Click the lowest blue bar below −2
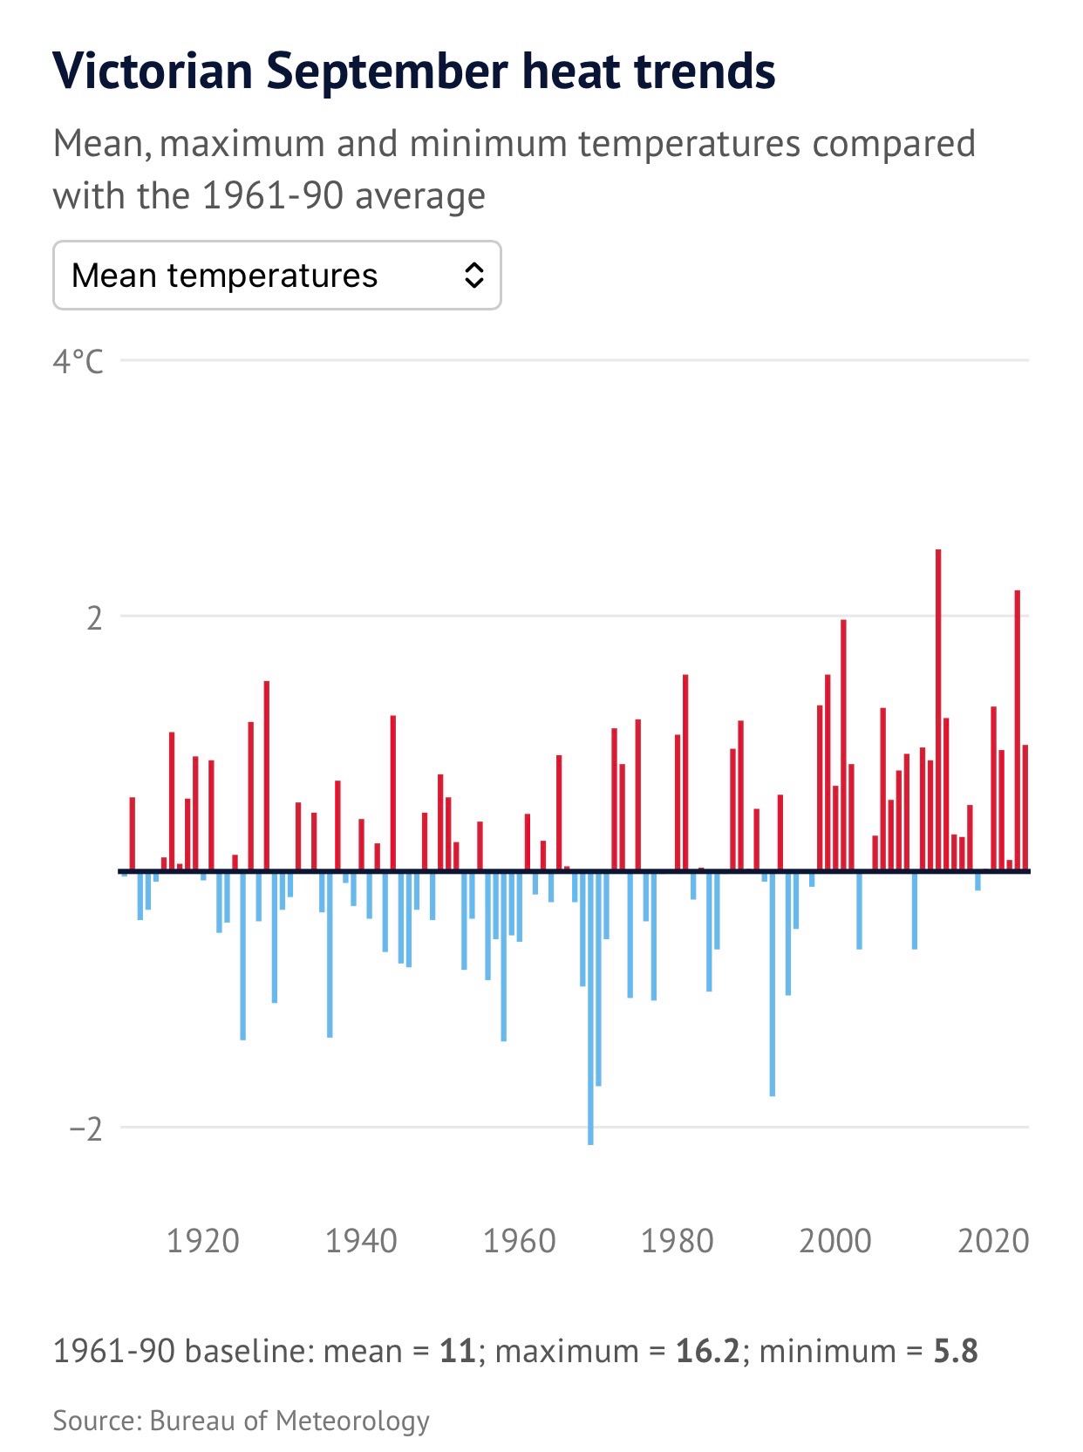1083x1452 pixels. tap(590, 1007)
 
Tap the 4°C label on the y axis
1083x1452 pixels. tap(78, 360)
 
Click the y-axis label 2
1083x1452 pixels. tap(93, 617)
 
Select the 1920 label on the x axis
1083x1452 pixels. tap(202, 1240)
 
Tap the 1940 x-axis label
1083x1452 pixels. tap(361, 1240)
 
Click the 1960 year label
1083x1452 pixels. tap(519, 1240)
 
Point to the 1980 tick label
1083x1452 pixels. tap(678, 1240)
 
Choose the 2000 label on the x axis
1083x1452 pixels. tap(835, 1240)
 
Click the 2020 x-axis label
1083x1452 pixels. tap(993, 1240)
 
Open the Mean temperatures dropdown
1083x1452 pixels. tap(276, 276)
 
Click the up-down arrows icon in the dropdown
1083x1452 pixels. tap(473, 276)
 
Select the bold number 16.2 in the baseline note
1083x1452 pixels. tap(706, 1351)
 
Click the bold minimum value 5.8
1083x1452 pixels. tap(956, 1351)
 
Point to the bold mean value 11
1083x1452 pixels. tap(457, 1351)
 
